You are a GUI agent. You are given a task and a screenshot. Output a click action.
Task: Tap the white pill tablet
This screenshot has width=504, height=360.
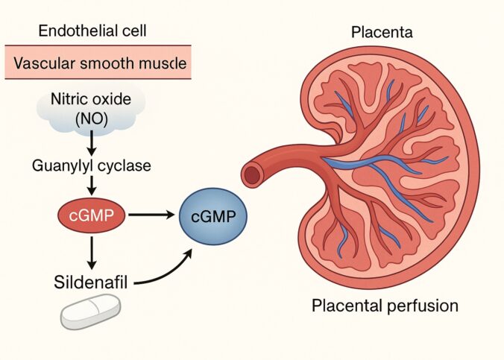coord(90,311)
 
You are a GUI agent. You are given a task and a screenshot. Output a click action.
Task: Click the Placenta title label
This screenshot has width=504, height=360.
coord(382,32)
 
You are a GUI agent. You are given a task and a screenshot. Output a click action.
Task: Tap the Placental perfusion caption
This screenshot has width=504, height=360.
coord(384,306)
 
